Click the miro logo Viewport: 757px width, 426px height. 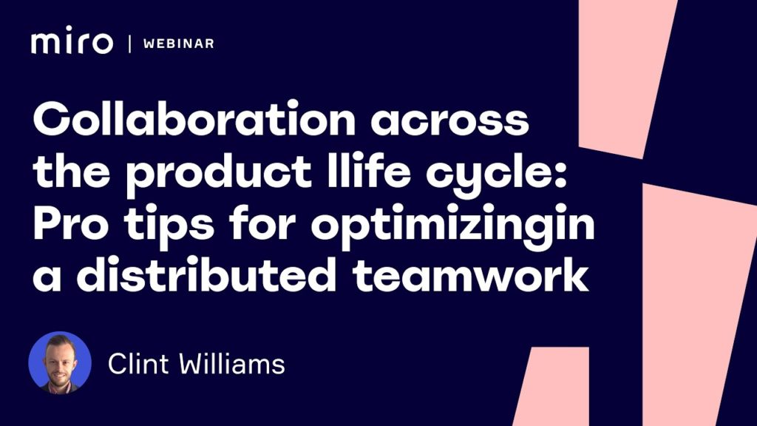[x=72, y=40]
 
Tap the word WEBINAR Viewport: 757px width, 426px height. [x=179, y=44]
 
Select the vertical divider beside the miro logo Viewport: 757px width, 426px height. [x=129, y=44]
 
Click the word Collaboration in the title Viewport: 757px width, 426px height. [x=194, y=118]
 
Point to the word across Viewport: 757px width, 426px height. [x=449, y=121]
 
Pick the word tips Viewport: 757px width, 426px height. [x=169, y=226]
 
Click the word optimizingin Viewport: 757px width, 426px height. [x=453, y=226]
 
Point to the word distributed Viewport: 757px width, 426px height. [x=206, y=274]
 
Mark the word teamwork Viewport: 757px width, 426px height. [x=470, y=274]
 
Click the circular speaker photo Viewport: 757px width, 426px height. [x=60, y=362]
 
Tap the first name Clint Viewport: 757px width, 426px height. [x=138, y=364]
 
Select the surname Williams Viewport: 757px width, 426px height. [x=232, y=364]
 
